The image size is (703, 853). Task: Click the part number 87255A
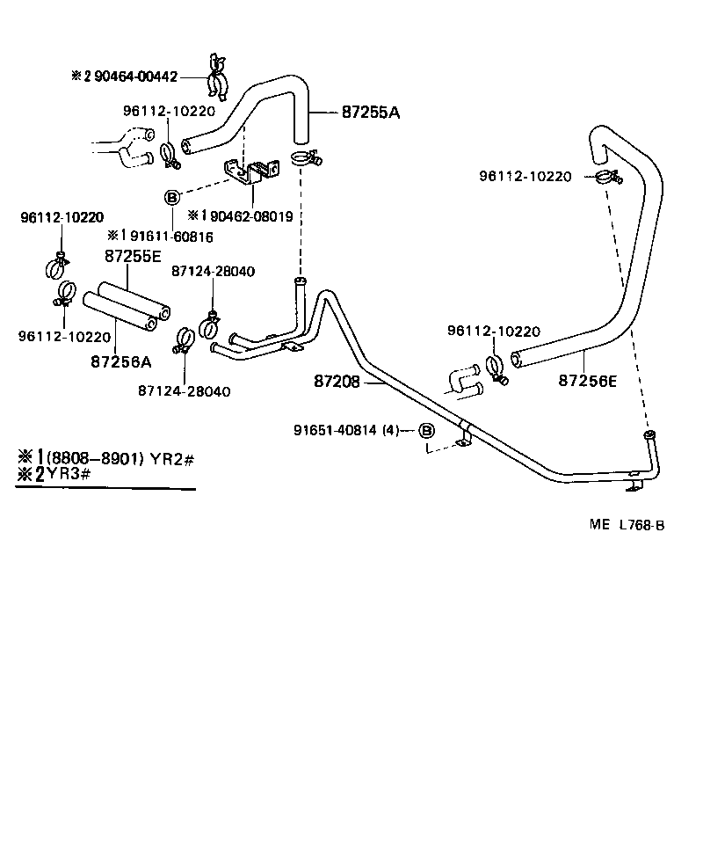click(370, 113)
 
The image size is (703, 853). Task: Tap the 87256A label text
click(120, 361)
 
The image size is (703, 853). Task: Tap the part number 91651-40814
click(335, 430)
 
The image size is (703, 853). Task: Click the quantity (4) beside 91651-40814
click(391, 430)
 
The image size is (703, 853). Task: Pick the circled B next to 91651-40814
click(425, 430)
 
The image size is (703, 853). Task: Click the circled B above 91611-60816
click(172, 197)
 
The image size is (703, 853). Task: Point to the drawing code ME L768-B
click(627, 525)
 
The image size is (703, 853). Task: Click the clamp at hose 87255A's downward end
click(304, 159)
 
